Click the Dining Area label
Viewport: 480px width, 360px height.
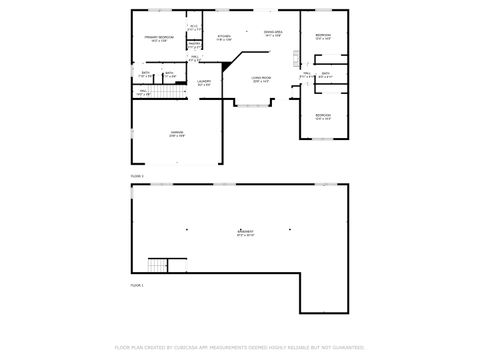(273, 34)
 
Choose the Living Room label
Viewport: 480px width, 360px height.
(263, 79)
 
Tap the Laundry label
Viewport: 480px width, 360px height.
(204, 83)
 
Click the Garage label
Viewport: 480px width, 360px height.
(175, 135)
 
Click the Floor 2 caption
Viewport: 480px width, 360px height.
(137, 175)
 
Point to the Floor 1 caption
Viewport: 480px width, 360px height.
(137, 285)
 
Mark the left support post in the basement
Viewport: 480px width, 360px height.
(186, 228)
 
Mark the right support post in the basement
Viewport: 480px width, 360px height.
(290, 228)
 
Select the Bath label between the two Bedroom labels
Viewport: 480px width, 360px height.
(325, 74)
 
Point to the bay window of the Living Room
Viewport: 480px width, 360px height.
(250, 105)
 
